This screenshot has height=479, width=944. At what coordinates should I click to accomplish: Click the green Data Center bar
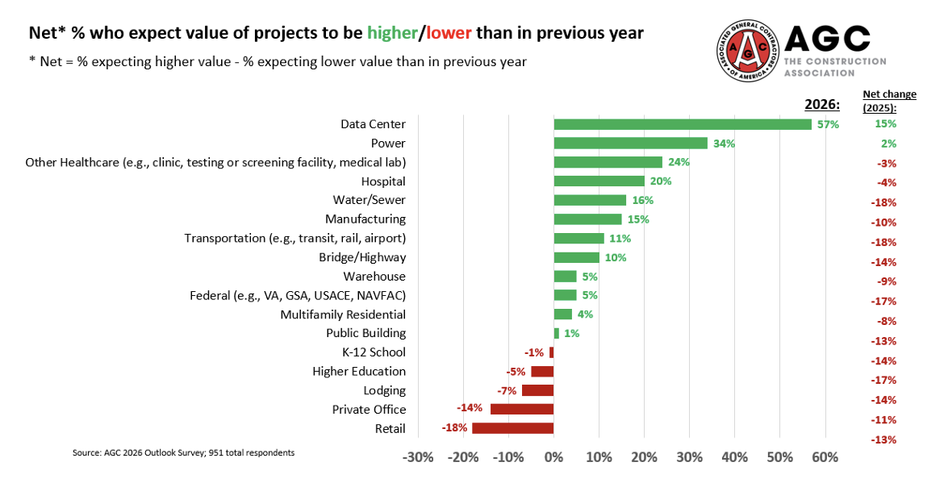[683, 124]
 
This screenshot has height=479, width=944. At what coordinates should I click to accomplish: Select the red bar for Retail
[512, 428]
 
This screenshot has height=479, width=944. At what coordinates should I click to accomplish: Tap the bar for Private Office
[522, 409]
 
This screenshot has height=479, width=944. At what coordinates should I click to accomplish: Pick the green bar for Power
[630, 144]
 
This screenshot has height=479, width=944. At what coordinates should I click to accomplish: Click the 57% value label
[828, 125]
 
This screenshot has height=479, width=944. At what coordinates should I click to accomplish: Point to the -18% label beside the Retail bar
[454, 428]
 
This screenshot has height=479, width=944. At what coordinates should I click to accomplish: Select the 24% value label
[679, 162]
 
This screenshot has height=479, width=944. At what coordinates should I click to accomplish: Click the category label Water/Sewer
[369, 200]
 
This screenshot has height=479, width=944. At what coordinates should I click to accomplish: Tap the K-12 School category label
[374, 352]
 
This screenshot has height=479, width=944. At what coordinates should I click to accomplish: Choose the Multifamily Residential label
[343, 314]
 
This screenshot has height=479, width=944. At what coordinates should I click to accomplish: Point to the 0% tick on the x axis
[553, 457]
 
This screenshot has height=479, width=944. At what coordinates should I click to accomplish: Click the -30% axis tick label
[417, 457]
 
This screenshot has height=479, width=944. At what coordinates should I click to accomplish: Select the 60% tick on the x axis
[824, 457]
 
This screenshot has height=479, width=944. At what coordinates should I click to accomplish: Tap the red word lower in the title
[449, 33]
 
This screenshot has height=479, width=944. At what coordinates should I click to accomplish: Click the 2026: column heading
[822, 105]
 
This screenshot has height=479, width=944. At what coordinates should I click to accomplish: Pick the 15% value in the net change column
[885, 124]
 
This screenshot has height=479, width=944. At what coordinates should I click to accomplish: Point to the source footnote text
[183, 452]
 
